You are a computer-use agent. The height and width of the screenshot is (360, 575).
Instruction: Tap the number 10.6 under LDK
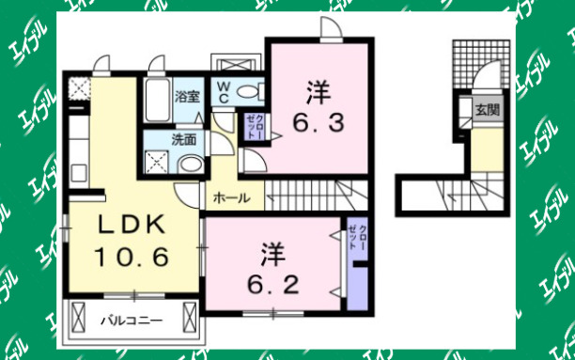pos(132,255)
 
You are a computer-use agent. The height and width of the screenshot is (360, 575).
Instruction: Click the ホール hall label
pos(231,198)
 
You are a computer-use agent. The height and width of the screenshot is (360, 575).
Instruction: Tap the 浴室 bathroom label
pos(187,96)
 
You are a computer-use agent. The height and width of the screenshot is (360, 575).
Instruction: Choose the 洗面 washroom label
pos(183,140)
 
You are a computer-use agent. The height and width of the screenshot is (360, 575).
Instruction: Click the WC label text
pos(225,92)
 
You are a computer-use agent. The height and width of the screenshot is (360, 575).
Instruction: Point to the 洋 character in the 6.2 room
pos(272,253)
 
